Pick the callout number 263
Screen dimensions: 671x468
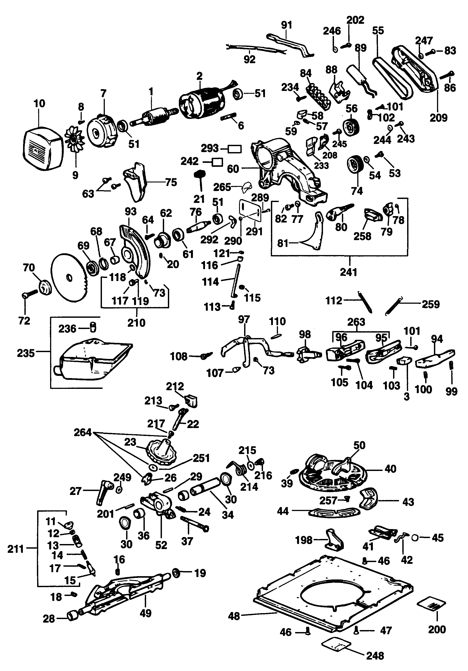tap(356, 322)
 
